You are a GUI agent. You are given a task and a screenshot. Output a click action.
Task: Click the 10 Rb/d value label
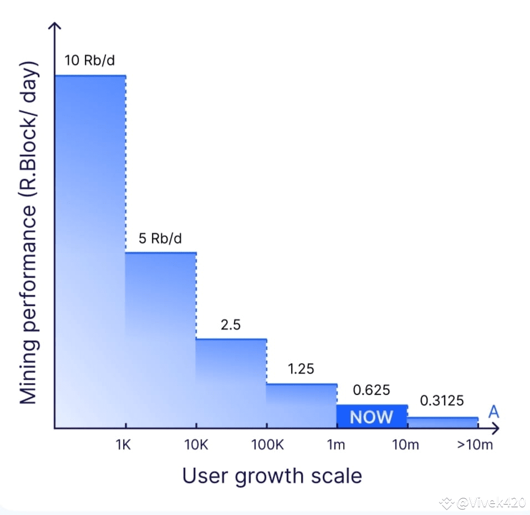pos(90,60)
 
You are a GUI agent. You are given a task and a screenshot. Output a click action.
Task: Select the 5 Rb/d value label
pos(160,239)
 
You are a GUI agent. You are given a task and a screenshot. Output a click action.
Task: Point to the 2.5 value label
pos(231,325)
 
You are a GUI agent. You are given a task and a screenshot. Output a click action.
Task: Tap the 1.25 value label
pos(301,369)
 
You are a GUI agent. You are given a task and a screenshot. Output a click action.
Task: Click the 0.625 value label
pos(371,390)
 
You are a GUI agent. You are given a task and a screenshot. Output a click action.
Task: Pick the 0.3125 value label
pos(442,401)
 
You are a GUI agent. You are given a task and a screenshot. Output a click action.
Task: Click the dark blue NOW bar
pos(372,417)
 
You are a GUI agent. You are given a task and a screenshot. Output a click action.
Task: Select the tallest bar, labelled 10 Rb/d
pos(90,252)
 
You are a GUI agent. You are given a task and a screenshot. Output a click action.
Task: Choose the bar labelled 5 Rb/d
pos(161,340)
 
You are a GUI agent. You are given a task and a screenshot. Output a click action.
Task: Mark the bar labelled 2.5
pos(231,383)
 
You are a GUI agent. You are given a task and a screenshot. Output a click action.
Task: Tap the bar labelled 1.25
pos(302,406)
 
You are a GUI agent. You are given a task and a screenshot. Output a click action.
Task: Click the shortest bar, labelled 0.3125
pos(442,423)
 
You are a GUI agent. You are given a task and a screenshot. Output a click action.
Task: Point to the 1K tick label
pos(123,445)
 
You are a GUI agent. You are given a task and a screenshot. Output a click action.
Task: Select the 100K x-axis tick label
pos(267,445)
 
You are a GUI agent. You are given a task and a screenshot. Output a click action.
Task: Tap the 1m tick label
pos(336,445)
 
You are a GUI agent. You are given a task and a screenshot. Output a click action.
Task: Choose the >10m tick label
pos(475,445)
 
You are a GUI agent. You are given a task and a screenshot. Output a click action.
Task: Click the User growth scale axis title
pos(272,476)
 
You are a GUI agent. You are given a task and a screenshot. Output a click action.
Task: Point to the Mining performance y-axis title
pos(28,233)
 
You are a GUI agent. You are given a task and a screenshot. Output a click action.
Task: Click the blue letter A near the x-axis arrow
pos(494,412)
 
